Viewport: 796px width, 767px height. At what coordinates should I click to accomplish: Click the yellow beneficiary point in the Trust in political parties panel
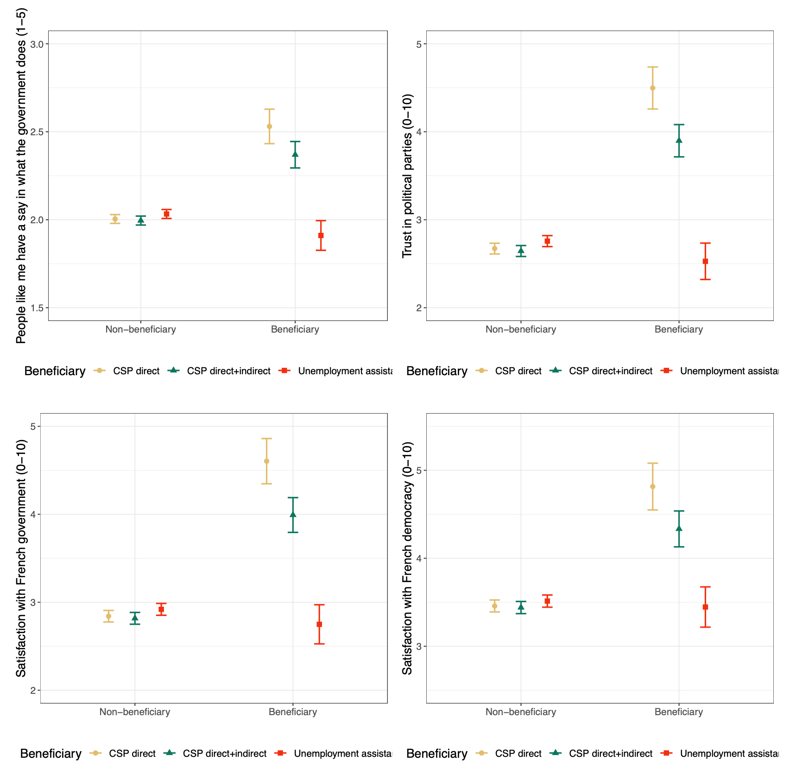pos(652,88)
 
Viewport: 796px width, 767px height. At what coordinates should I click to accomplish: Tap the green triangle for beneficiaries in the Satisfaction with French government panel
pos(293,514)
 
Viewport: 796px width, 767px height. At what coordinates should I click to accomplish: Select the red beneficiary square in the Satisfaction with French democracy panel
pos(705,607)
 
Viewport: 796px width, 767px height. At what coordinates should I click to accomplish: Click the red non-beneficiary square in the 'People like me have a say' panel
pos(166,214)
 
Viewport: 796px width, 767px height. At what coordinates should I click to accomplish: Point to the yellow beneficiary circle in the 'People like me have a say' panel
pos(269,126)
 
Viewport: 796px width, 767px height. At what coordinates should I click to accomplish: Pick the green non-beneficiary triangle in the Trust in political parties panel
pos(521,251)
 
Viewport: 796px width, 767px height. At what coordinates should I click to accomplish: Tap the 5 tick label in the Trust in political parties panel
pos(419,44)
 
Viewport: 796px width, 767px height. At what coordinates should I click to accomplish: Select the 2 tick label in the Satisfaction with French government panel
pos(33,691)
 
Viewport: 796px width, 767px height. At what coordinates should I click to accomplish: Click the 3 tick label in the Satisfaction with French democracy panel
pos(419,647)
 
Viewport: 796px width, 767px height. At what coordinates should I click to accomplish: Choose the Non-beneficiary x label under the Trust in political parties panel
pos(520,329)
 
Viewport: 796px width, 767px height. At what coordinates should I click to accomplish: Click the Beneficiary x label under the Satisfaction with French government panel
pos(293,712)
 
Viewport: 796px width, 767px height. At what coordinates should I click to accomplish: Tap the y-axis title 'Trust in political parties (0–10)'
pos(407,176)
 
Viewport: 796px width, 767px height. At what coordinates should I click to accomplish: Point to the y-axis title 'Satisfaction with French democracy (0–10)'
pos(407,558)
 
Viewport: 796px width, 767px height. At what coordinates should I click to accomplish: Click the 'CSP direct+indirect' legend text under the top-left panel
pos(228,371)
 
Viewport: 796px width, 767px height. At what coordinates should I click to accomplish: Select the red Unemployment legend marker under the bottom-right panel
pos(667,753)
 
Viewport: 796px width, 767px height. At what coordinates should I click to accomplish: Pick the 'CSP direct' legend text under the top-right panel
pos(518,371)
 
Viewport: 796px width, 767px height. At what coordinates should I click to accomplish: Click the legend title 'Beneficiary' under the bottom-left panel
pos(51,754)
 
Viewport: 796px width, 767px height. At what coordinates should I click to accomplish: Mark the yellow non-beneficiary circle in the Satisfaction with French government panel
pos(108,616)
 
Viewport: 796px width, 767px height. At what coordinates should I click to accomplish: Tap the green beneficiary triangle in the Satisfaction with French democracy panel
pos(679,528)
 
